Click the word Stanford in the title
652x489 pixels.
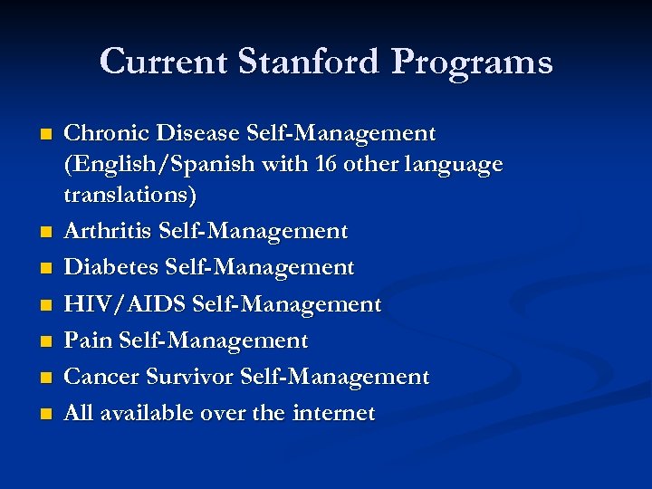293,62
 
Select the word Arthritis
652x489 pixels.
108,232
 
